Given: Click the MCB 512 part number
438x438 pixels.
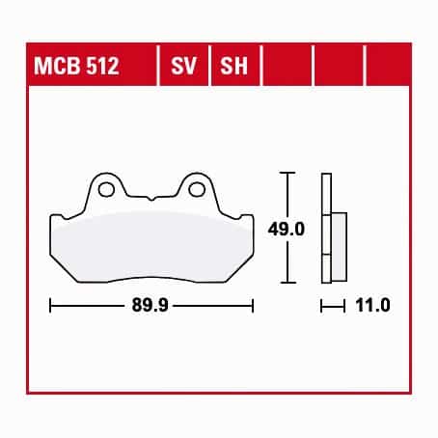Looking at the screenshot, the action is [76, 66].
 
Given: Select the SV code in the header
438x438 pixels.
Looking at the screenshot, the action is [183, 66].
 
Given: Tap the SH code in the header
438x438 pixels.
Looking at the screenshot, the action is [233, 66].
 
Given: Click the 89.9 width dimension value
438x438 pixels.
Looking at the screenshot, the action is [150, 305].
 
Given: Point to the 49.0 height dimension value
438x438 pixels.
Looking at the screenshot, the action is [286, 230].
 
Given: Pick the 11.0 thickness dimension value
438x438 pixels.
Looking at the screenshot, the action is [372, 305].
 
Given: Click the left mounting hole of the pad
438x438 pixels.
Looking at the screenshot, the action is [106, 189].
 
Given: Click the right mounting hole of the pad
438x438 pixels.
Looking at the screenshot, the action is [197, 189].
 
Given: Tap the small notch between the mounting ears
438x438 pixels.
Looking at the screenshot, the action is [151, 198].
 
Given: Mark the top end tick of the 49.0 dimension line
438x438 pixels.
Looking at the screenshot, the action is [287, 173].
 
